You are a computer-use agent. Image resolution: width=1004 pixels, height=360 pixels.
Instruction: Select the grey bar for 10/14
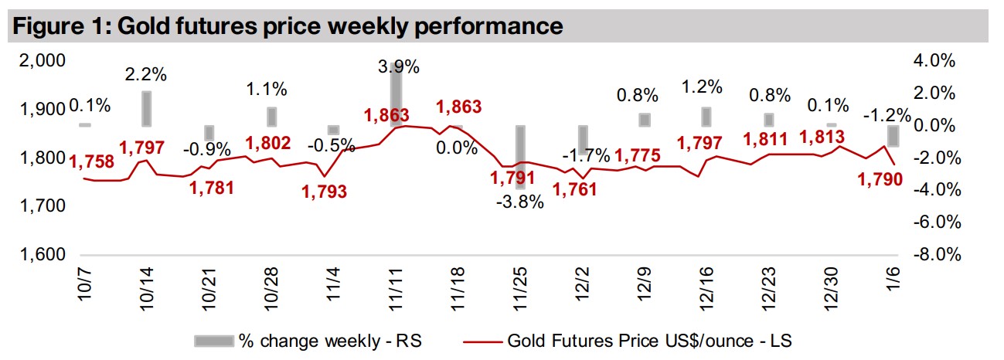(x=147, y=108)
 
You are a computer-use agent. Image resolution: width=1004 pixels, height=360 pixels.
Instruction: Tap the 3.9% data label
(x=399, y=67)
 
